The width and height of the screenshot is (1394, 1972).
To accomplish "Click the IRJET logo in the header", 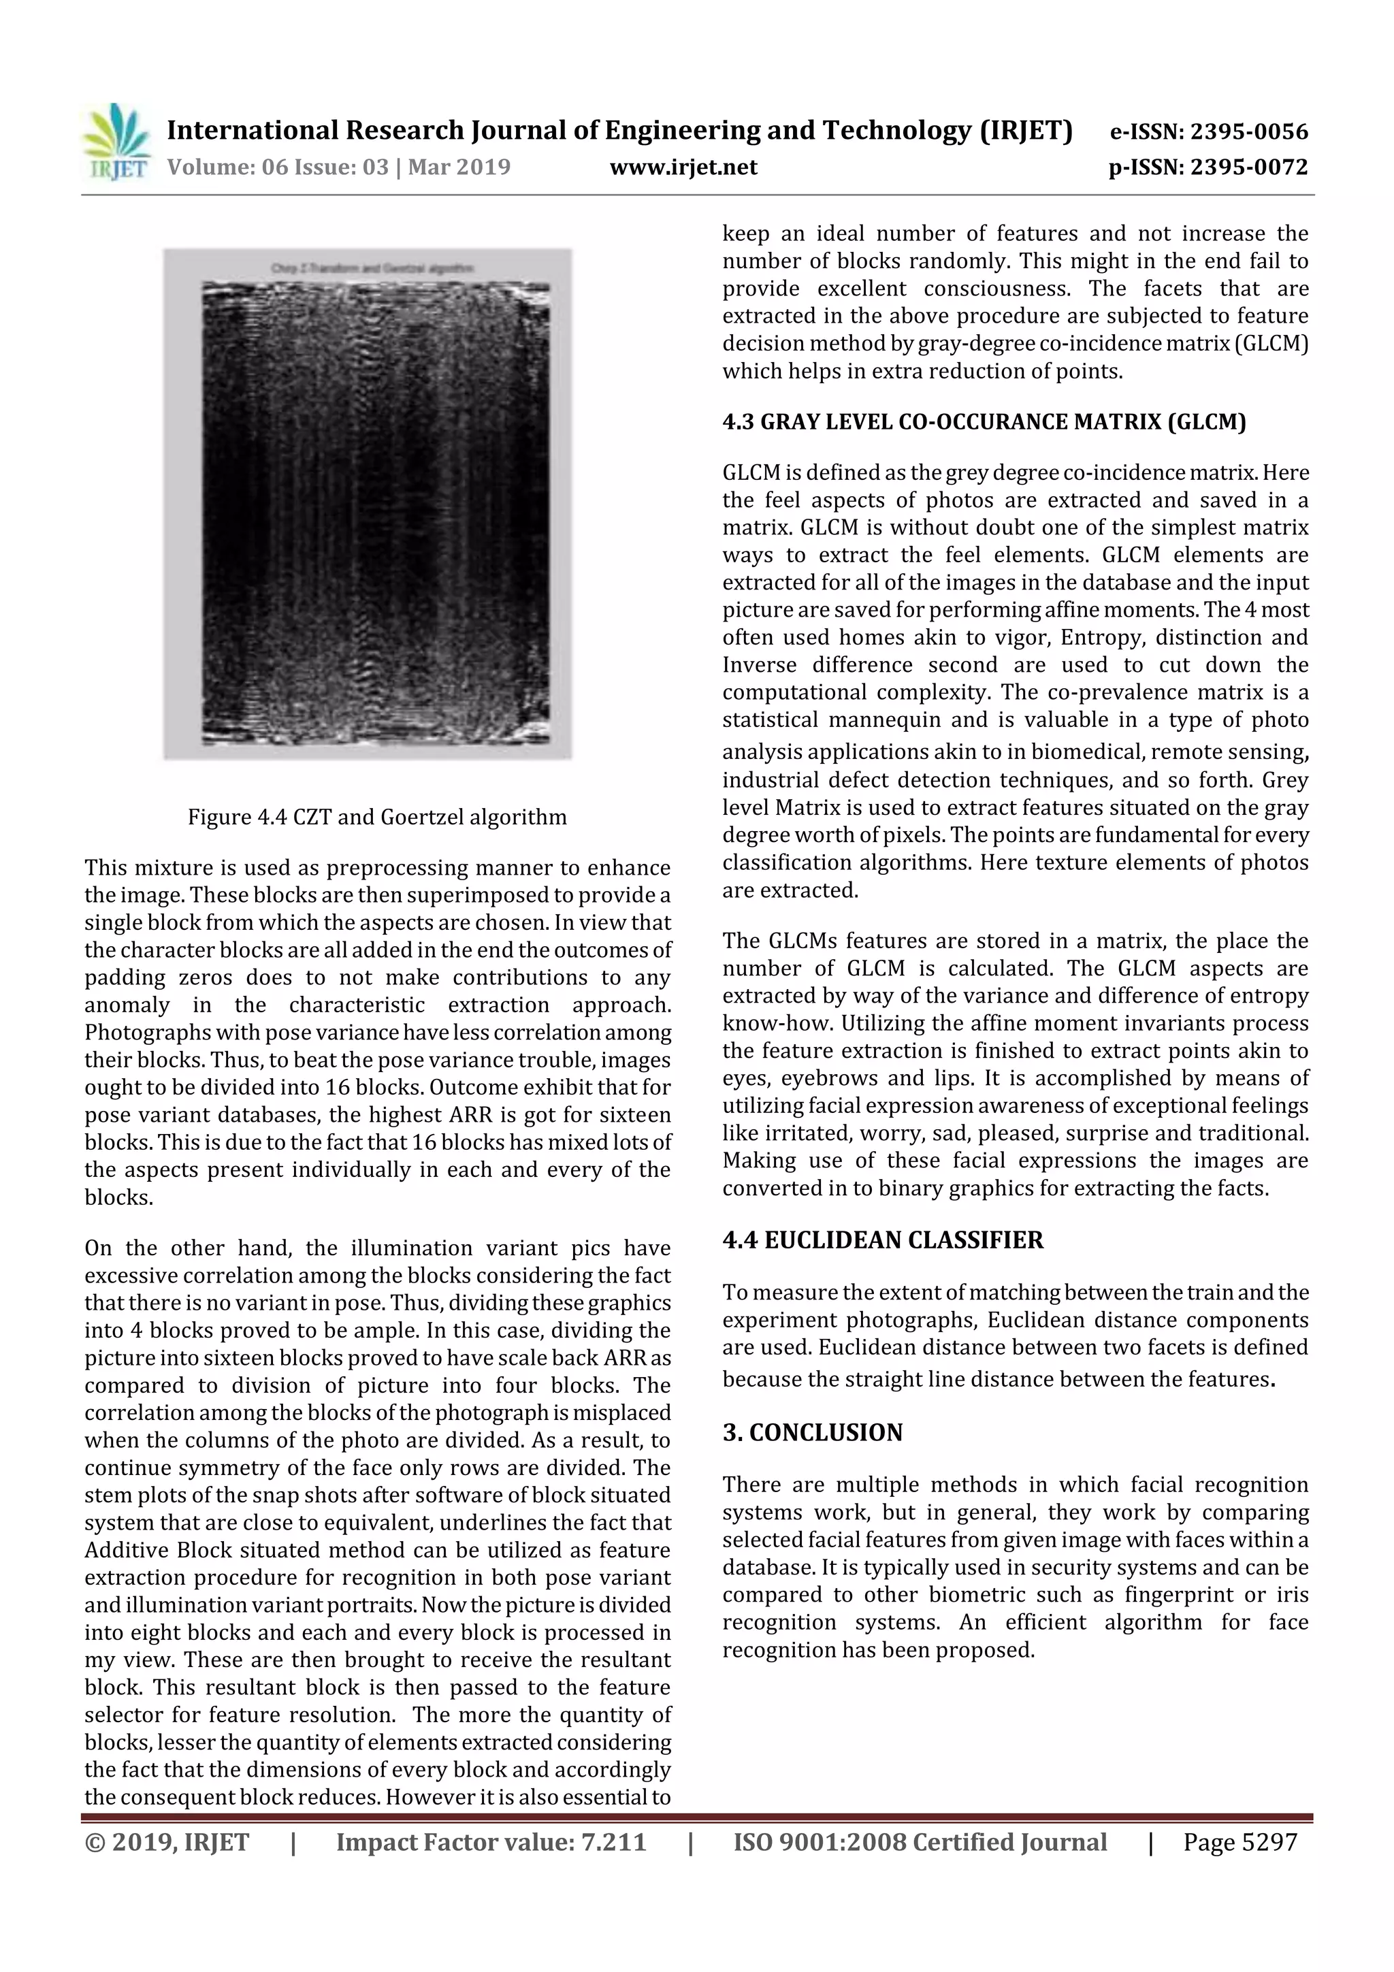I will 116,142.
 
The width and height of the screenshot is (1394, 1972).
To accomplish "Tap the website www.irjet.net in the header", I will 683,167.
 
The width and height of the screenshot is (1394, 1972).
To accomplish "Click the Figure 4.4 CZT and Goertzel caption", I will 377,817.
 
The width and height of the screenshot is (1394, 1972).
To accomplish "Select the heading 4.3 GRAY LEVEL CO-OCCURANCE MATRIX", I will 984,422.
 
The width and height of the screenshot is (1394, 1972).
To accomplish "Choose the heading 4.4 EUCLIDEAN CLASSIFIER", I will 882,1240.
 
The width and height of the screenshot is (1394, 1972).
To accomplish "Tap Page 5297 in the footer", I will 1239,1842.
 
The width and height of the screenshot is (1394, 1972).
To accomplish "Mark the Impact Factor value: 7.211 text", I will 491,1842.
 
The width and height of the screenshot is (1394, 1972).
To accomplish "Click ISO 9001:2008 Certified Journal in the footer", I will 920,1842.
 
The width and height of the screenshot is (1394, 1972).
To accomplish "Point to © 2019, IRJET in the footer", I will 167,1842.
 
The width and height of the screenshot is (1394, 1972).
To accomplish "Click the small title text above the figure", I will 372,268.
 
